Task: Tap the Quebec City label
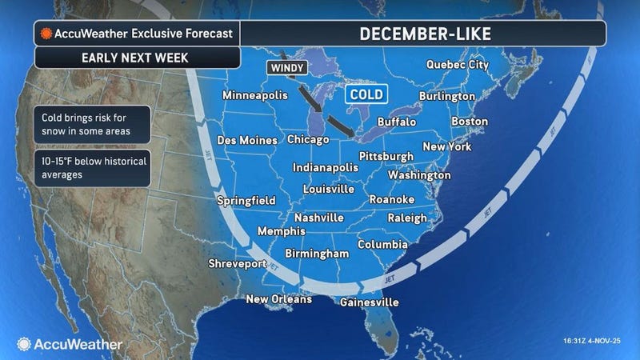[x=458, y=65]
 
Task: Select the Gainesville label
[x=369, y=303]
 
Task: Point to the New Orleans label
[x=278, y=300]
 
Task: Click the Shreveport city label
[x=237, y=263]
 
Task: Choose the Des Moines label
[x=247, y=140]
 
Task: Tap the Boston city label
[x=470, y=122]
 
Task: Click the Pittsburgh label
[x=386, y=155]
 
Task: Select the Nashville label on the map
[x=319, y=218]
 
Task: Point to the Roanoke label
[x=391, y=198]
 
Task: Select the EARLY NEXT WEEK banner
[x=136, y=58]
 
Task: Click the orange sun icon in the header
[x=47, y=34]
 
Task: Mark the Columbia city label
[x=383, y=244]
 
